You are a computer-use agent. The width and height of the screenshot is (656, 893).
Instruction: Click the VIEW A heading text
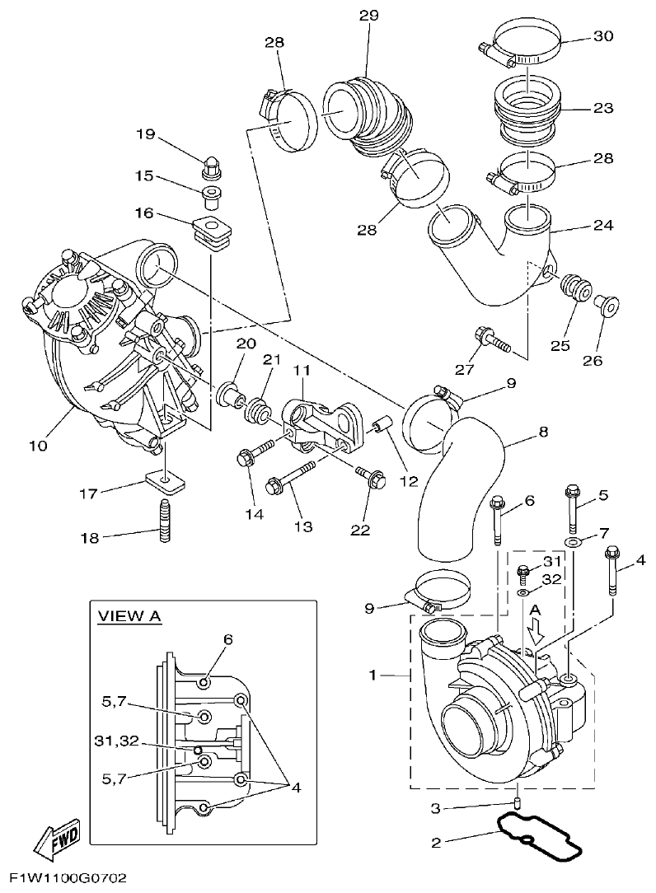pyautogui.click(x=129, y=616)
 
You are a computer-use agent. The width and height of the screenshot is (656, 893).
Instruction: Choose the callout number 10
pyautogui.click(x=38, y=446)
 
